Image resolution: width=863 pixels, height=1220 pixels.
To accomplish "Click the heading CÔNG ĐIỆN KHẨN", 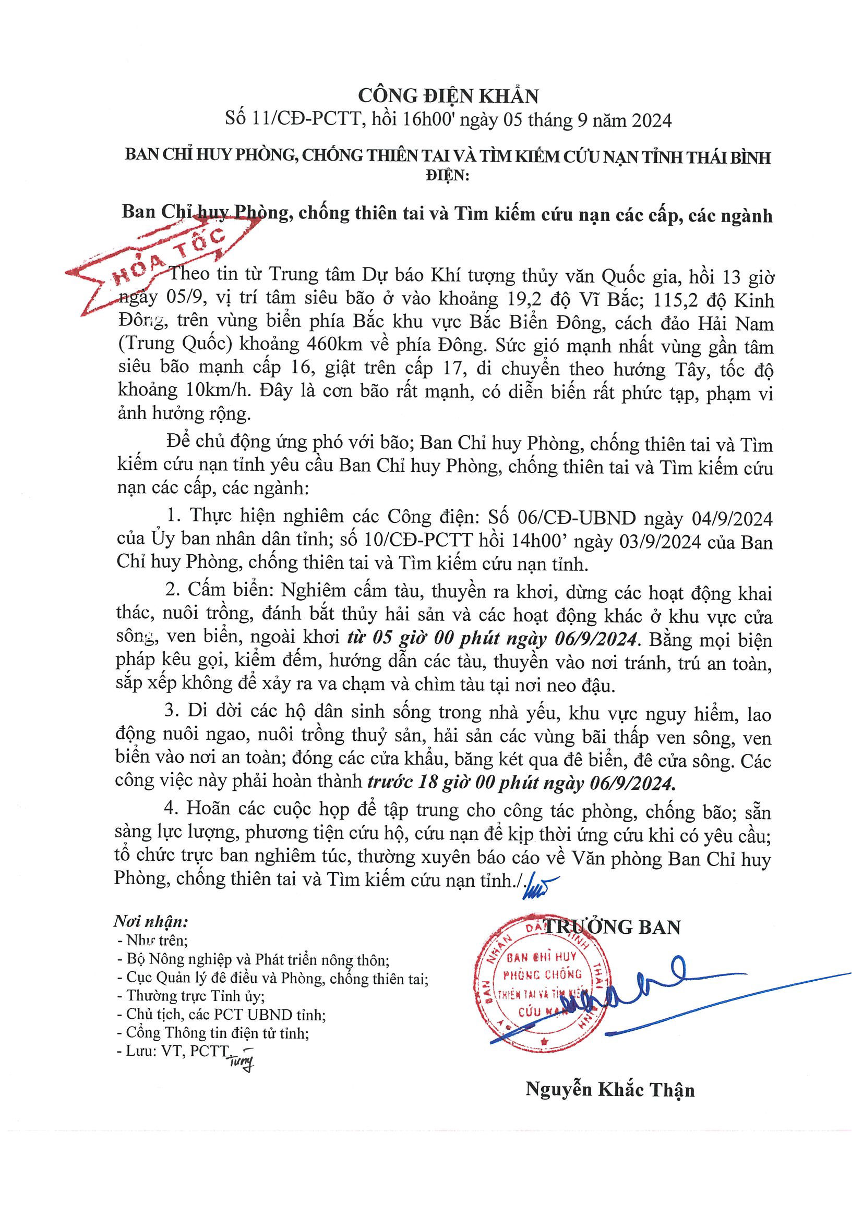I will (448, 95).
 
